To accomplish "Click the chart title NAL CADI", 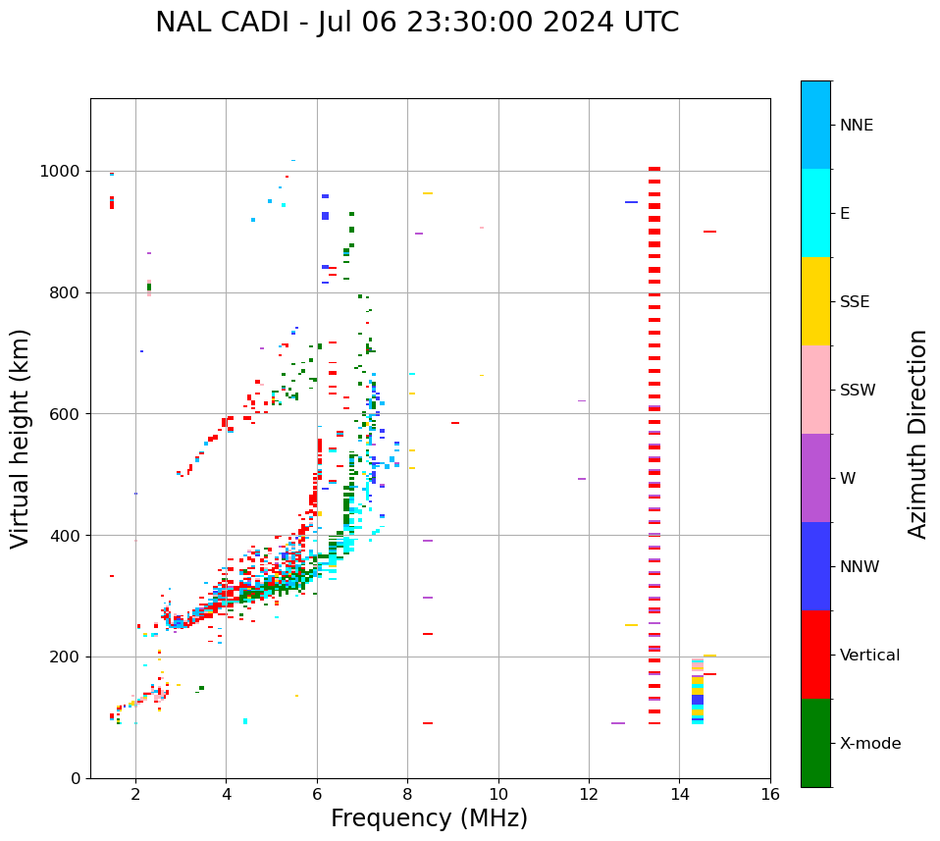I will [x=416, y=23].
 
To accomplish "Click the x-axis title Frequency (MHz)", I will [x=429, y=818].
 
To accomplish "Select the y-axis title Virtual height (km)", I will [x=21, y=438].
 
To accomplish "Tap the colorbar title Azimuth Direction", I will [x=917, y=434].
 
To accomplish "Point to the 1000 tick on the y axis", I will [x=63, y=172].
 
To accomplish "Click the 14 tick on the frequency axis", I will [x=679, y=794].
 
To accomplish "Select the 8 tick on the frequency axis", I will [x=407, y=794].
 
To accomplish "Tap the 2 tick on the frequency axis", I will [x=135, y=794].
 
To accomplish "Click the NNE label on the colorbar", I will [x=856, y=126].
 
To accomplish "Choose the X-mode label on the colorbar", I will [x=869, y=744].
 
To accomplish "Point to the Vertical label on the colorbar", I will [x=869, y=656].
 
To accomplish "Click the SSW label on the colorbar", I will [x=858, y=391].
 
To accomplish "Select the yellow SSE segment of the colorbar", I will [x=815, y=301].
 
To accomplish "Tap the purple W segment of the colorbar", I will [x=815, y=478].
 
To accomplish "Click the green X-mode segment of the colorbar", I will [x=815, y=743].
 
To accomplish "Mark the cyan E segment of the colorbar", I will [x=815, y=213].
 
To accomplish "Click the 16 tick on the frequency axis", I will [x=770, y=794].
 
